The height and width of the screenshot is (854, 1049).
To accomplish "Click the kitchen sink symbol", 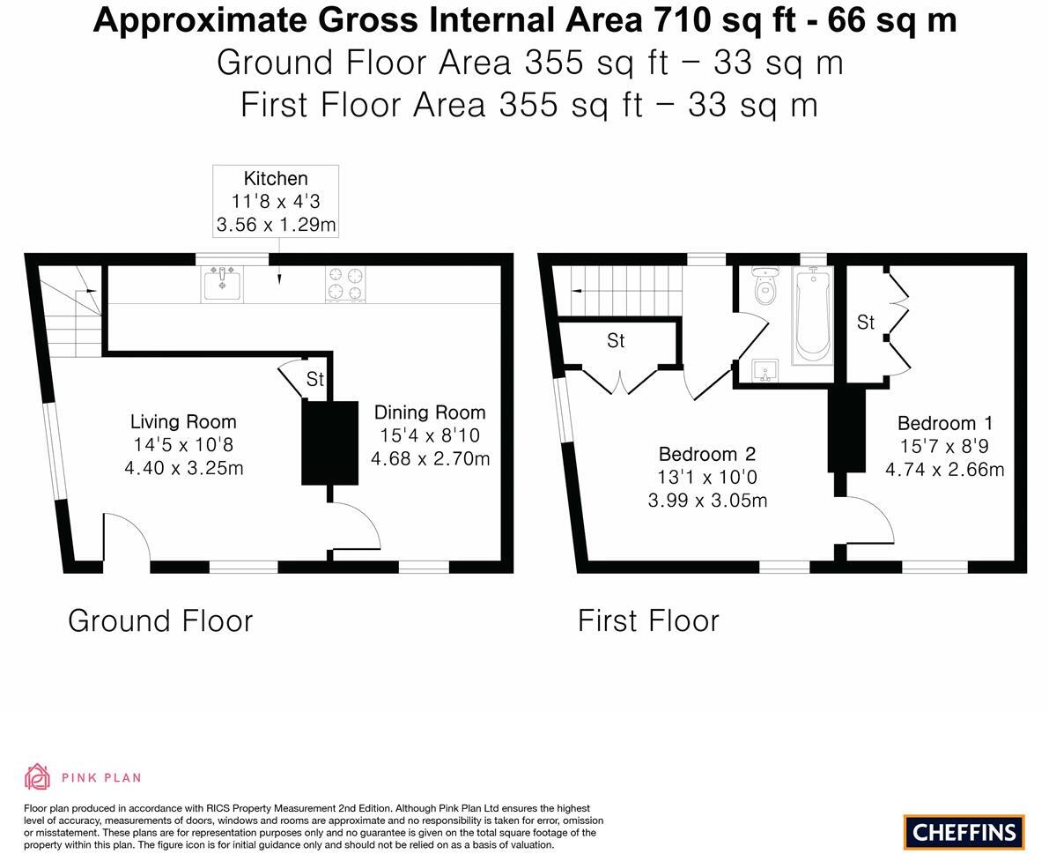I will click(x=222, y=284).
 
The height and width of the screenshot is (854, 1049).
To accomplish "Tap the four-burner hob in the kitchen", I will click(x=344, y=284).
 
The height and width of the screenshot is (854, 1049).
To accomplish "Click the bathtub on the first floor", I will click(x=812, y=316).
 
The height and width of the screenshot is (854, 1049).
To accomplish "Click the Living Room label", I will click(x=183, y=422).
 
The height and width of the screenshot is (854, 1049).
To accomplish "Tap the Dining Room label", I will click(x=430, y=412).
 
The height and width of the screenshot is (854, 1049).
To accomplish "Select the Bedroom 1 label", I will click(x=944, y=423).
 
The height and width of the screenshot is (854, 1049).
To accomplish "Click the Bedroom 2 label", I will click(x=707, y=455).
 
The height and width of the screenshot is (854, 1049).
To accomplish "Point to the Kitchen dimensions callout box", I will click(x=276, y=201).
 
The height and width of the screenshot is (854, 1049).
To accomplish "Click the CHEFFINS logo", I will click(x=964, y=831).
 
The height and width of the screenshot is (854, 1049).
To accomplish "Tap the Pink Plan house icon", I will click(x=37, y=776).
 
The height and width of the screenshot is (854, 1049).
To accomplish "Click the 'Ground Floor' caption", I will click(x=160, y=620).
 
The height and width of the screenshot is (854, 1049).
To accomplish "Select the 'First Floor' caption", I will click(x=648, y=620).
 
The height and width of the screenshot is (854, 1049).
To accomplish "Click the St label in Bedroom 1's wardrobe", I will click(x=866, y=323).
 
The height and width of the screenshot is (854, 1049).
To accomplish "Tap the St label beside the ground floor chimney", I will click(x=314, y=379).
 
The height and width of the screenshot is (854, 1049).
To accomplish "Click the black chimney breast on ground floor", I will click(x=329, y=442).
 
